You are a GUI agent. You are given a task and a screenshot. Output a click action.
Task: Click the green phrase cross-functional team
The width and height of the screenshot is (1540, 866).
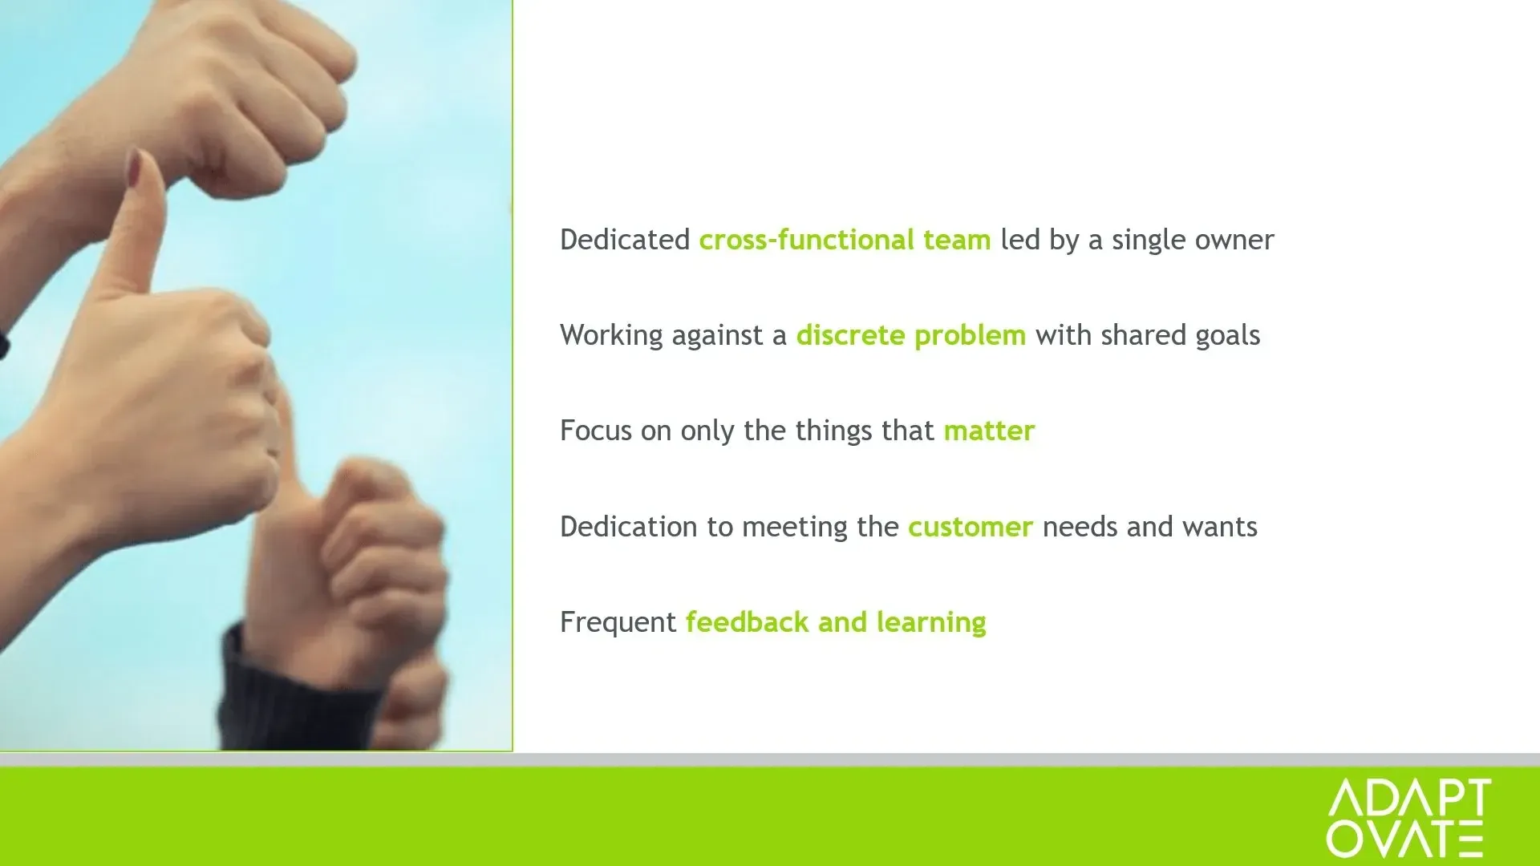tap(845, 240)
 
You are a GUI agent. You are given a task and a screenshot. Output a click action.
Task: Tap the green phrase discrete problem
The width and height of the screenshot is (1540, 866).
tap(910, 335)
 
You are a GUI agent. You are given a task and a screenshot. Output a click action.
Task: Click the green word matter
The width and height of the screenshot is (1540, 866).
tap(989, 431)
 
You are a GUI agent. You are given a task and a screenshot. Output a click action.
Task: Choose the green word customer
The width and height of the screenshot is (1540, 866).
tap(971, 527)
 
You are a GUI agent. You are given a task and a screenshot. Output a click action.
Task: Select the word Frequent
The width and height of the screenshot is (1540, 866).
tap(618, 622)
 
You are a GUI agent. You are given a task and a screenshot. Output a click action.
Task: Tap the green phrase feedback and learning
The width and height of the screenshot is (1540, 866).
tap(836, 622)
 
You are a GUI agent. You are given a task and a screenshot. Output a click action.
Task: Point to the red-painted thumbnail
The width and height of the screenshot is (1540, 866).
tap(133, 167)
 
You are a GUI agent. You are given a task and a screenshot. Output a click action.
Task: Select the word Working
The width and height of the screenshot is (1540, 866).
tap(611, 335)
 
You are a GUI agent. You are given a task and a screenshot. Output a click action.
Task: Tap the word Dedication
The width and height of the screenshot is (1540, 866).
tap(629, 527)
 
